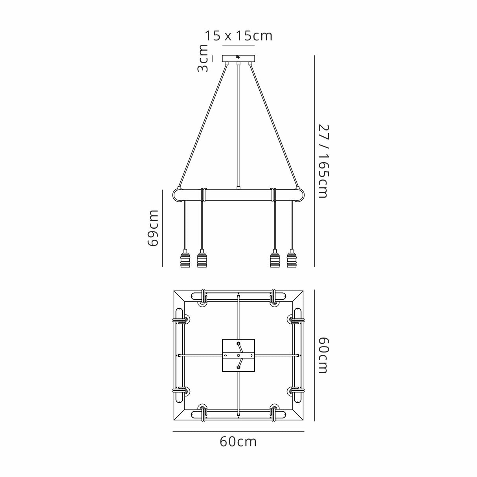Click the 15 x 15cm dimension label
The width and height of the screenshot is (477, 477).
238,36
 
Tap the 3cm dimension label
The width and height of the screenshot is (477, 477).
203,58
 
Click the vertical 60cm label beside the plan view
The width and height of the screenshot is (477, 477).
323,355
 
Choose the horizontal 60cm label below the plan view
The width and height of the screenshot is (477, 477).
238,442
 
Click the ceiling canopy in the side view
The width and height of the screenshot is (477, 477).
238,58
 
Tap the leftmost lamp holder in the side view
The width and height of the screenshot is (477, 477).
185,259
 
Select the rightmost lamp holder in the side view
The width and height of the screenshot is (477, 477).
292,259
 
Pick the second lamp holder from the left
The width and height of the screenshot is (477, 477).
202,259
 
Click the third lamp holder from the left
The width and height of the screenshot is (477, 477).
275,259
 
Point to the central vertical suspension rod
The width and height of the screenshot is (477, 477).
238,126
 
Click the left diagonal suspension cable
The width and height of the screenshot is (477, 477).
203,126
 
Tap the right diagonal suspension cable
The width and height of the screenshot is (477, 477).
274,126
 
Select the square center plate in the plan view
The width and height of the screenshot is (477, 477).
238,355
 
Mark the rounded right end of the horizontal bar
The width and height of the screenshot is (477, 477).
300,195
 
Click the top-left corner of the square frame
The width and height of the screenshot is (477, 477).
175,292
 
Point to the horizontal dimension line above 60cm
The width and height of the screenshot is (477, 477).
238,431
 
